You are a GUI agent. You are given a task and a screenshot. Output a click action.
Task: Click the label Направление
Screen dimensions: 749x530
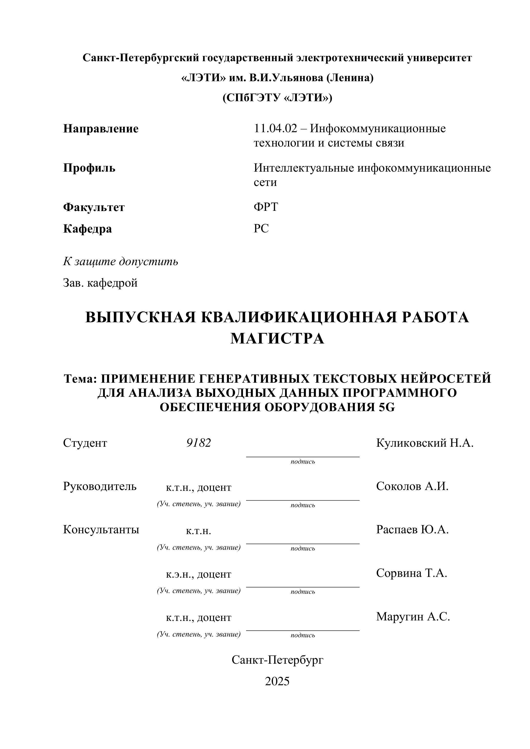100,129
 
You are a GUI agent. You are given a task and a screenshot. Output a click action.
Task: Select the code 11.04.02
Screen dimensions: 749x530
276,129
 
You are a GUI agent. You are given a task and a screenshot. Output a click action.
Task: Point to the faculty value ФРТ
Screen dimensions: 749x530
266,207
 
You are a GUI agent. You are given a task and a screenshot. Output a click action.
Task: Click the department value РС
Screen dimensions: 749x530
261,228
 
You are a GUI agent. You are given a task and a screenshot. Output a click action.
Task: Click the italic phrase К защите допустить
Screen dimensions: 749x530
120,261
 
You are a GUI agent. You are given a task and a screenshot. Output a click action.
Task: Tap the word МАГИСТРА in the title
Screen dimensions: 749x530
277,338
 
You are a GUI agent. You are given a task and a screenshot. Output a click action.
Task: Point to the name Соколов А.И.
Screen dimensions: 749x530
412,486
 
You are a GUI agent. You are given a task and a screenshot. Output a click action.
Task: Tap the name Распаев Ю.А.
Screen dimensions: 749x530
412,529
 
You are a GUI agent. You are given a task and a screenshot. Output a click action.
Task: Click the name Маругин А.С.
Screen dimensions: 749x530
413,616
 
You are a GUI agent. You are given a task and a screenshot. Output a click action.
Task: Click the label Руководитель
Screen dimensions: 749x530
99,486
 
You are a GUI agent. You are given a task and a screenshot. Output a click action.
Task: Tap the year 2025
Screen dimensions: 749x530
277,681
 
